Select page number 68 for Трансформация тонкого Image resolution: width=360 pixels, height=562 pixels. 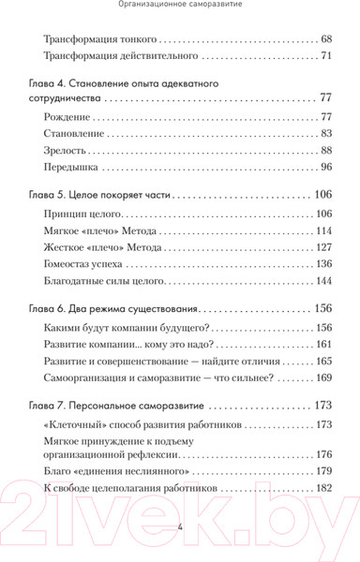(326, 40)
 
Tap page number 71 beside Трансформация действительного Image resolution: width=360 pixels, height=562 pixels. (326, 57)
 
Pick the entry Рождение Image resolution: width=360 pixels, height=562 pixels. (67, 117)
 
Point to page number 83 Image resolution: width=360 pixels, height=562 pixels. (326, 134)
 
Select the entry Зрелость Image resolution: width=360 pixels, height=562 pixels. (66, 151)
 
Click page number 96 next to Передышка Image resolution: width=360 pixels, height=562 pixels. (326, 168)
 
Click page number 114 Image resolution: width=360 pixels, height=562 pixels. (324, 231)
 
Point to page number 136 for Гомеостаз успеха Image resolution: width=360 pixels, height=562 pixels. (324, 265)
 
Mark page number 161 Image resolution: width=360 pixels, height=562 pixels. (324, 346)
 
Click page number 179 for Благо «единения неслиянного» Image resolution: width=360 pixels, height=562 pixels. (324, 471)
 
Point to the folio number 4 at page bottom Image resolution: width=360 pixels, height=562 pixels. (179, 527)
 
